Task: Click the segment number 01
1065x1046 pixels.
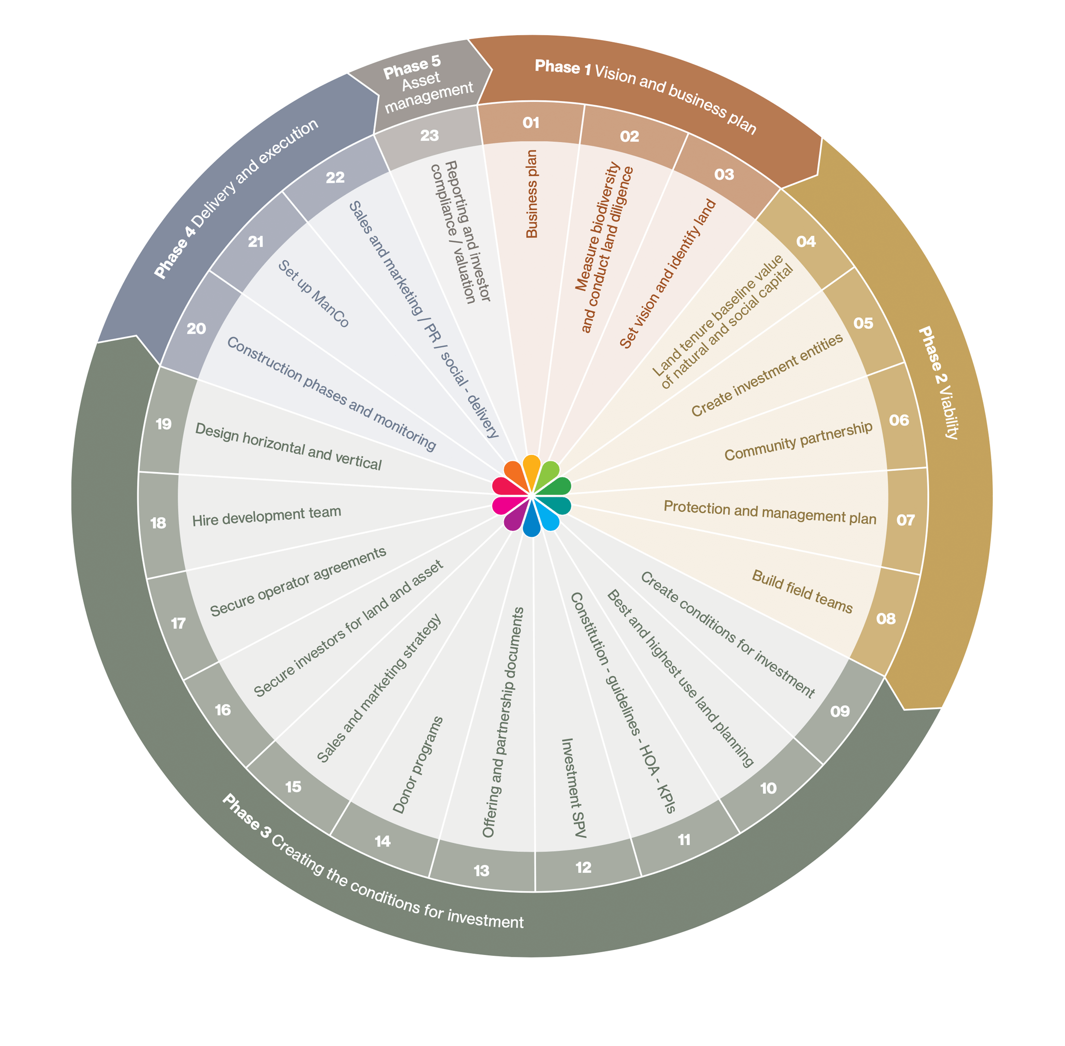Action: point(530,123)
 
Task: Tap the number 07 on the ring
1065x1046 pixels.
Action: point(905,519)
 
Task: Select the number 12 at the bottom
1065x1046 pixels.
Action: point(583,867)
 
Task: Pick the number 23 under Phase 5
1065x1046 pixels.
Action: point(429,135)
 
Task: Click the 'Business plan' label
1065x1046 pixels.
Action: point(532,194)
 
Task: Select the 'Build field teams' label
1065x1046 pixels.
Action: point(802,592)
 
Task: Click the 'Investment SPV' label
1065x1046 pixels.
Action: point(573,788)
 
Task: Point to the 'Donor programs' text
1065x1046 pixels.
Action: point(418,765)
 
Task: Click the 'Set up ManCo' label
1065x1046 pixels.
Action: point(313,294)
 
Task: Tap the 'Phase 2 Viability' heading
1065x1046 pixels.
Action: point(938,382)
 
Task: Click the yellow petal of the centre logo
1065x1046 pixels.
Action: point(531,468)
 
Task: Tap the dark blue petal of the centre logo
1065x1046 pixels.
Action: point(531,525)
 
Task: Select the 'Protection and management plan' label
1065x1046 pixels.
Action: point(770,512)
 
